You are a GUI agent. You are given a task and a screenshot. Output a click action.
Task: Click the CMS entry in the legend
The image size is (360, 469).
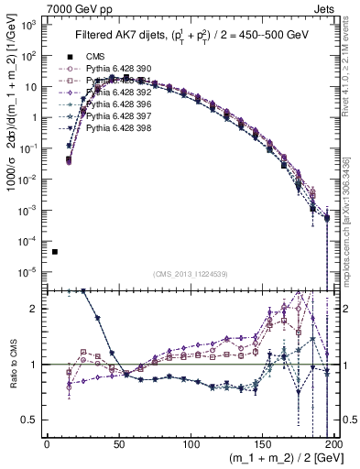(x=98, y=54)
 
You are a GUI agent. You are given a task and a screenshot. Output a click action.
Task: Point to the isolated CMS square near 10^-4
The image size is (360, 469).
(x=55, y=252)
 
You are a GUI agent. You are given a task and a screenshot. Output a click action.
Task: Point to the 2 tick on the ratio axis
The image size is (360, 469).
(x=37, y=309)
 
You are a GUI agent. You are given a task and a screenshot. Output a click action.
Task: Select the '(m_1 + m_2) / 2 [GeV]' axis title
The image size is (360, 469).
(x=281, y=460)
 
